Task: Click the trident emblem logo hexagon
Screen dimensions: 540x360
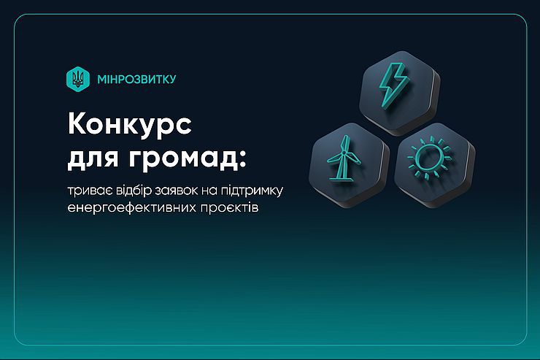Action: pos(78,79)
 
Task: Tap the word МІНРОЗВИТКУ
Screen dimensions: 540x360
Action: pos(136,80)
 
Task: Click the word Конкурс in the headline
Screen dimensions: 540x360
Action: pos(130,124)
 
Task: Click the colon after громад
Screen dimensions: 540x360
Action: pos(243,159)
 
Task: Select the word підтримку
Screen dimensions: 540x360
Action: pos(252,191)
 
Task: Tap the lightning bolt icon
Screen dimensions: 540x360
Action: pos(394,85)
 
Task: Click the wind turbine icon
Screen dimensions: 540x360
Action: pos(344,158)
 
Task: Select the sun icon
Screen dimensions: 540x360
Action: pos(430,157)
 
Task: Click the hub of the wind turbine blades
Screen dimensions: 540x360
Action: pos(344,153)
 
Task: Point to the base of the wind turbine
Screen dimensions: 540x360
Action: pos(341,177)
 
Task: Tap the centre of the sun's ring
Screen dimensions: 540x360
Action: pos(429,157)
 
